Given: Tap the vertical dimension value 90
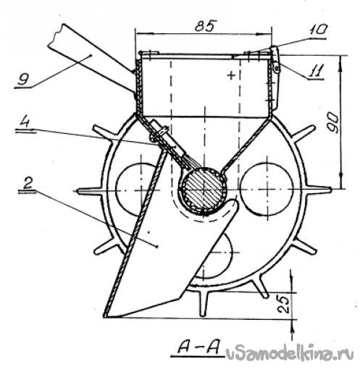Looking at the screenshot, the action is [x=334, y=123].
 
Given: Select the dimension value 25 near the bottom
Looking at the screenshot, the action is [x=283, y=305].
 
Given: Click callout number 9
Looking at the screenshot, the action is [x=24, y=79].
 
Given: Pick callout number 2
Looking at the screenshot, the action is [x=28, y=183].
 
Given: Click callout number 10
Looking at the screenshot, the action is [x=317, y=30].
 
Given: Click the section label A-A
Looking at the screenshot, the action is [x=198, y=348].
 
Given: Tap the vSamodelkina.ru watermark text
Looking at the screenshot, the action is [x=289, y=354].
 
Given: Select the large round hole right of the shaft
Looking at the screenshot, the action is [x=267, y=189].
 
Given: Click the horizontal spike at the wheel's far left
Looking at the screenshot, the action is [x=89, y=191].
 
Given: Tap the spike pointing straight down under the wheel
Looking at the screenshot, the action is [x=204, y=304].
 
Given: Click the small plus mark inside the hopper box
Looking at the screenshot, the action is [x=231, y=75].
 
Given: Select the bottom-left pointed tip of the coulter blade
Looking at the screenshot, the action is [x=105, y=316].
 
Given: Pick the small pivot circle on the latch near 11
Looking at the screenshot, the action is [x=277, y=69].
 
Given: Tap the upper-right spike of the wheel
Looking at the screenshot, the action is [x=304, y=133].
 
